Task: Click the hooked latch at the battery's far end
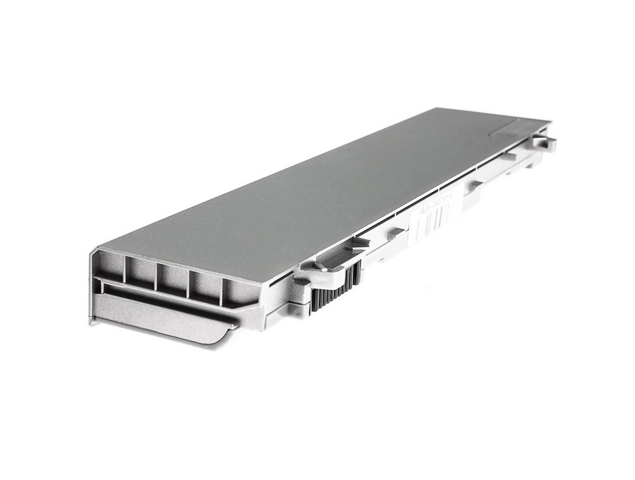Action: (x=545, y=142)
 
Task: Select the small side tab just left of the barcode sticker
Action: (x=396, y=234)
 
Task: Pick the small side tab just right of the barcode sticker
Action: (x=474, y=185)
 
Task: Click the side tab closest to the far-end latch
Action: (x=508, y=156)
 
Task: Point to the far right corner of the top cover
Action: (x=549, y=121)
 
